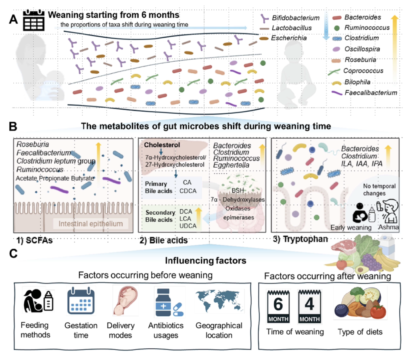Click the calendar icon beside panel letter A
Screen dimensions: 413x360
33,20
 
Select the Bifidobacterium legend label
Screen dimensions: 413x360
296,18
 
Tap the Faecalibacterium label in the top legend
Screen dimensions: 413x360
371,93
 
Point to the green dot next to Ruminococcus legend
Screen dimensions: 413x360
337,28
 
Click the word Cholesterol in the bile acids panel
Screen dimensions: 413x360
162,145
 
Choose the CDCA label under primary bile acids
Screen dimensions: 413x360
188,191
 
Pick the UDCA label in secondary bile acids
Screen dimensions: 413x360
188,226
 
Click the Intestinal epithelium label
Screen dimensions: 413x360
91,224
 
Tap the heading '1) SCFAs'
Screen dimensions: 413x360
35,240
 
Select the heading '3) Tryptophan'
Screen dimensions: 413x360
300,239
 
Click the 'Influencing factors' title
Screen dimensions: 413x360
206,260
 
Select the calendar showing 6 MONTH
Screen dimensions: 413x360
278,306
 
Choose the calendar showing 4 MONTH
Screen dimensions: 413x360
309,306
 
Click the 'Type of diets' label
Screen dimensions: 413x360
360,332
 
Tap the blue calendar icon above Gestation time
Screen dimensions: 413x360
81,301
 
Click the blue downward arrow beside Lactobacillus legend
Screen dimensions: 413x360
326,26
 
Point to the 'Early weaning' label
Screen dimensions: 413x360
351,227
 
